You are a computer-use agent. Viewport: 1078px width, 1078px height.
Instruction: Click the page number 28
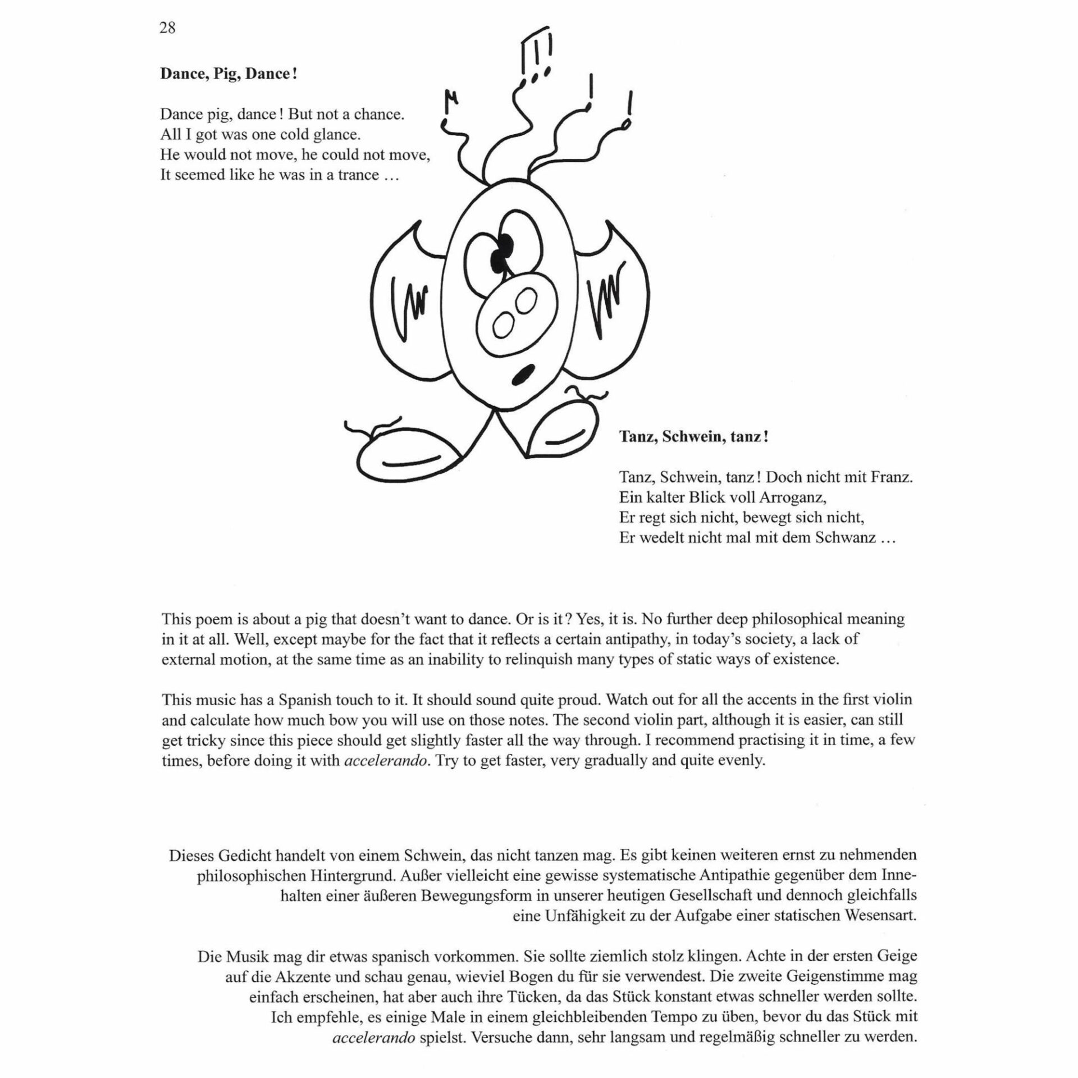[167, 28]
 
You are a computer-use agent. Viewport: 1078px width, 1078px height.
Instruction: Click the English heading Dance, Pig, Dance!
[229, 74]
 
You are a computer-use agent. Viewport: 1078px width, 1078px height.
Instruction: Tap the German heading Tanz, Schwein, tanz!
[694, 437]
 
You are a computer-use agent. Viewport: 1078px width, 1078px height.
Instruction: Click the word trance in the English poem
[358, 175]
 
